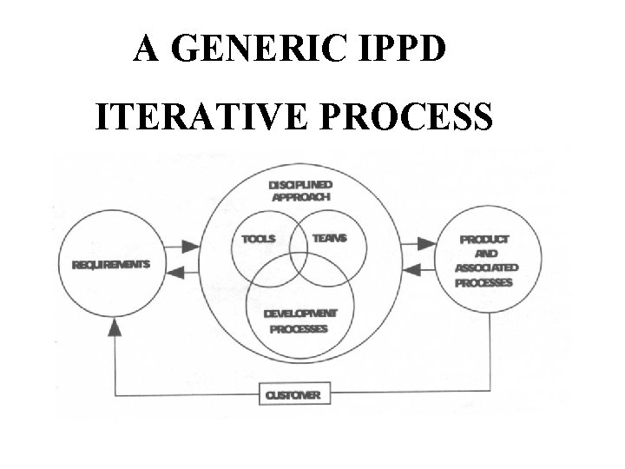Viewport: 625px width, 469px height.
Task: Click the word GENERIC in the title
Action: (x=260, y=50)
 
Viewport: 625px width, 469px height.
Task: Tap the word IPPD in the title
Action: (x=403, y=50)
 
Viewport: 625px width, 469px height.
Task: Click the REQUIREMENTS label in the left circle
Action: (x=110, y=264)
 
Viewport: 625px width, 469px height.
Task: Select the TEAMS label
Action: (x=329, y=239)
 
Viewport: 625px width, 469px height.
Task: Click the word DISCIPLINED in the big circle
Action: (x=300, y=184)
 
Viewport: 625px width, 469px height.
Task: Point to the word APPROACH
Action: (x=300, y=197)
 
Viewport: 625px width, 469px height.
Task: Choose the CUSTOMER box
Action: (x=293, y=396)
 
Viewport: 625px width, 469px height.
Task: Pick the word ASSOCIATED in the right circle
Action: (x=486, y=268)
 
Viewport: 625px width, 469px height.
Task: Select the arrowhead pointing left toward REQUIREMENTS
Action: (x=171, y=272)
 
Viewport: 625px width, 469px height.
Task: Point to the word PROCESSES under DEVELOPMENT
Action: (x=300, y=329)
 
